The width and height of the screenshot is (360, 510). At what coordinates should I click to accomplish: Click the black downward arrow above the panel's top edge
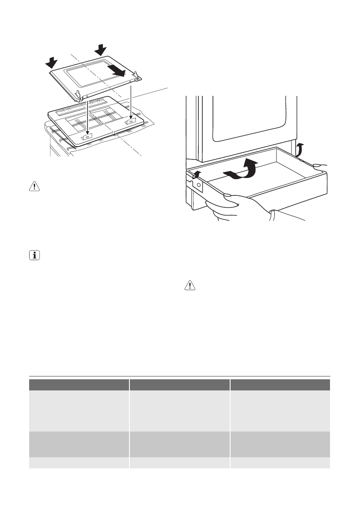tap(101, 50)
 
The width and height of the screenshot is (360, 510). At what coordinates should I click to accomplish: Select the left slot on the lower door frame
tap(87, 137)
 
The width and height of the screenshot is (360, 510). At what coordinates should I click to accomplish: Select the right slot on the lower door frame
tap(130, 122)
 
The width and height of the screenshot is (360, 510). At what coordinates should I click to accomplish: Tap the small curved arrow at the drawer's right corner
tap(301, 150)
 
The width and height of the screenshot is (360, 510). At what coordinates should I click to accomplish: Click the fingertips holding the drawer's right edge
tap(319, 165)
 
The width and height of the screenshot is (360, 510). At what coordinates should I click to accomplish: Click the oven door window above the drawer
tap(249, 116)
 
